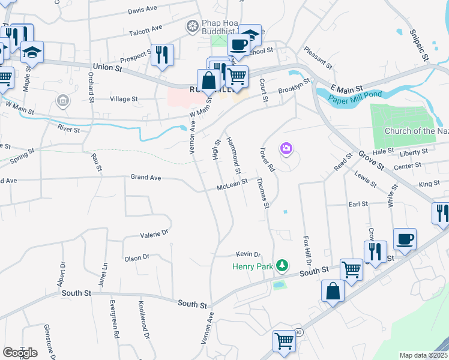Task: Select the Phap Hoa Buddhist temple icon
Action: (192, 26)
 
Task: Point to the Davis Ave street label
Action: (142, 10)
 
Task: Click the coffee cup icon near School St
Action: (238, 45)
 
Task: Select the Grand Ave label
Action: (146, 178)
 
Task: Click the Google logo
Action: (20, 353)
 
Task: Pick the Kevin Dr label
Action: (249, 254)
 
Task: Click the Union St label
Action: (107, 68)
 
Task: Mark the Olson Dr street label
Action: (137, 257)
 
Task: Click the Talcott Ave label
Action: (145, 28)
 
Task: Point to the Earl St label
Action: (358, 204)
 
